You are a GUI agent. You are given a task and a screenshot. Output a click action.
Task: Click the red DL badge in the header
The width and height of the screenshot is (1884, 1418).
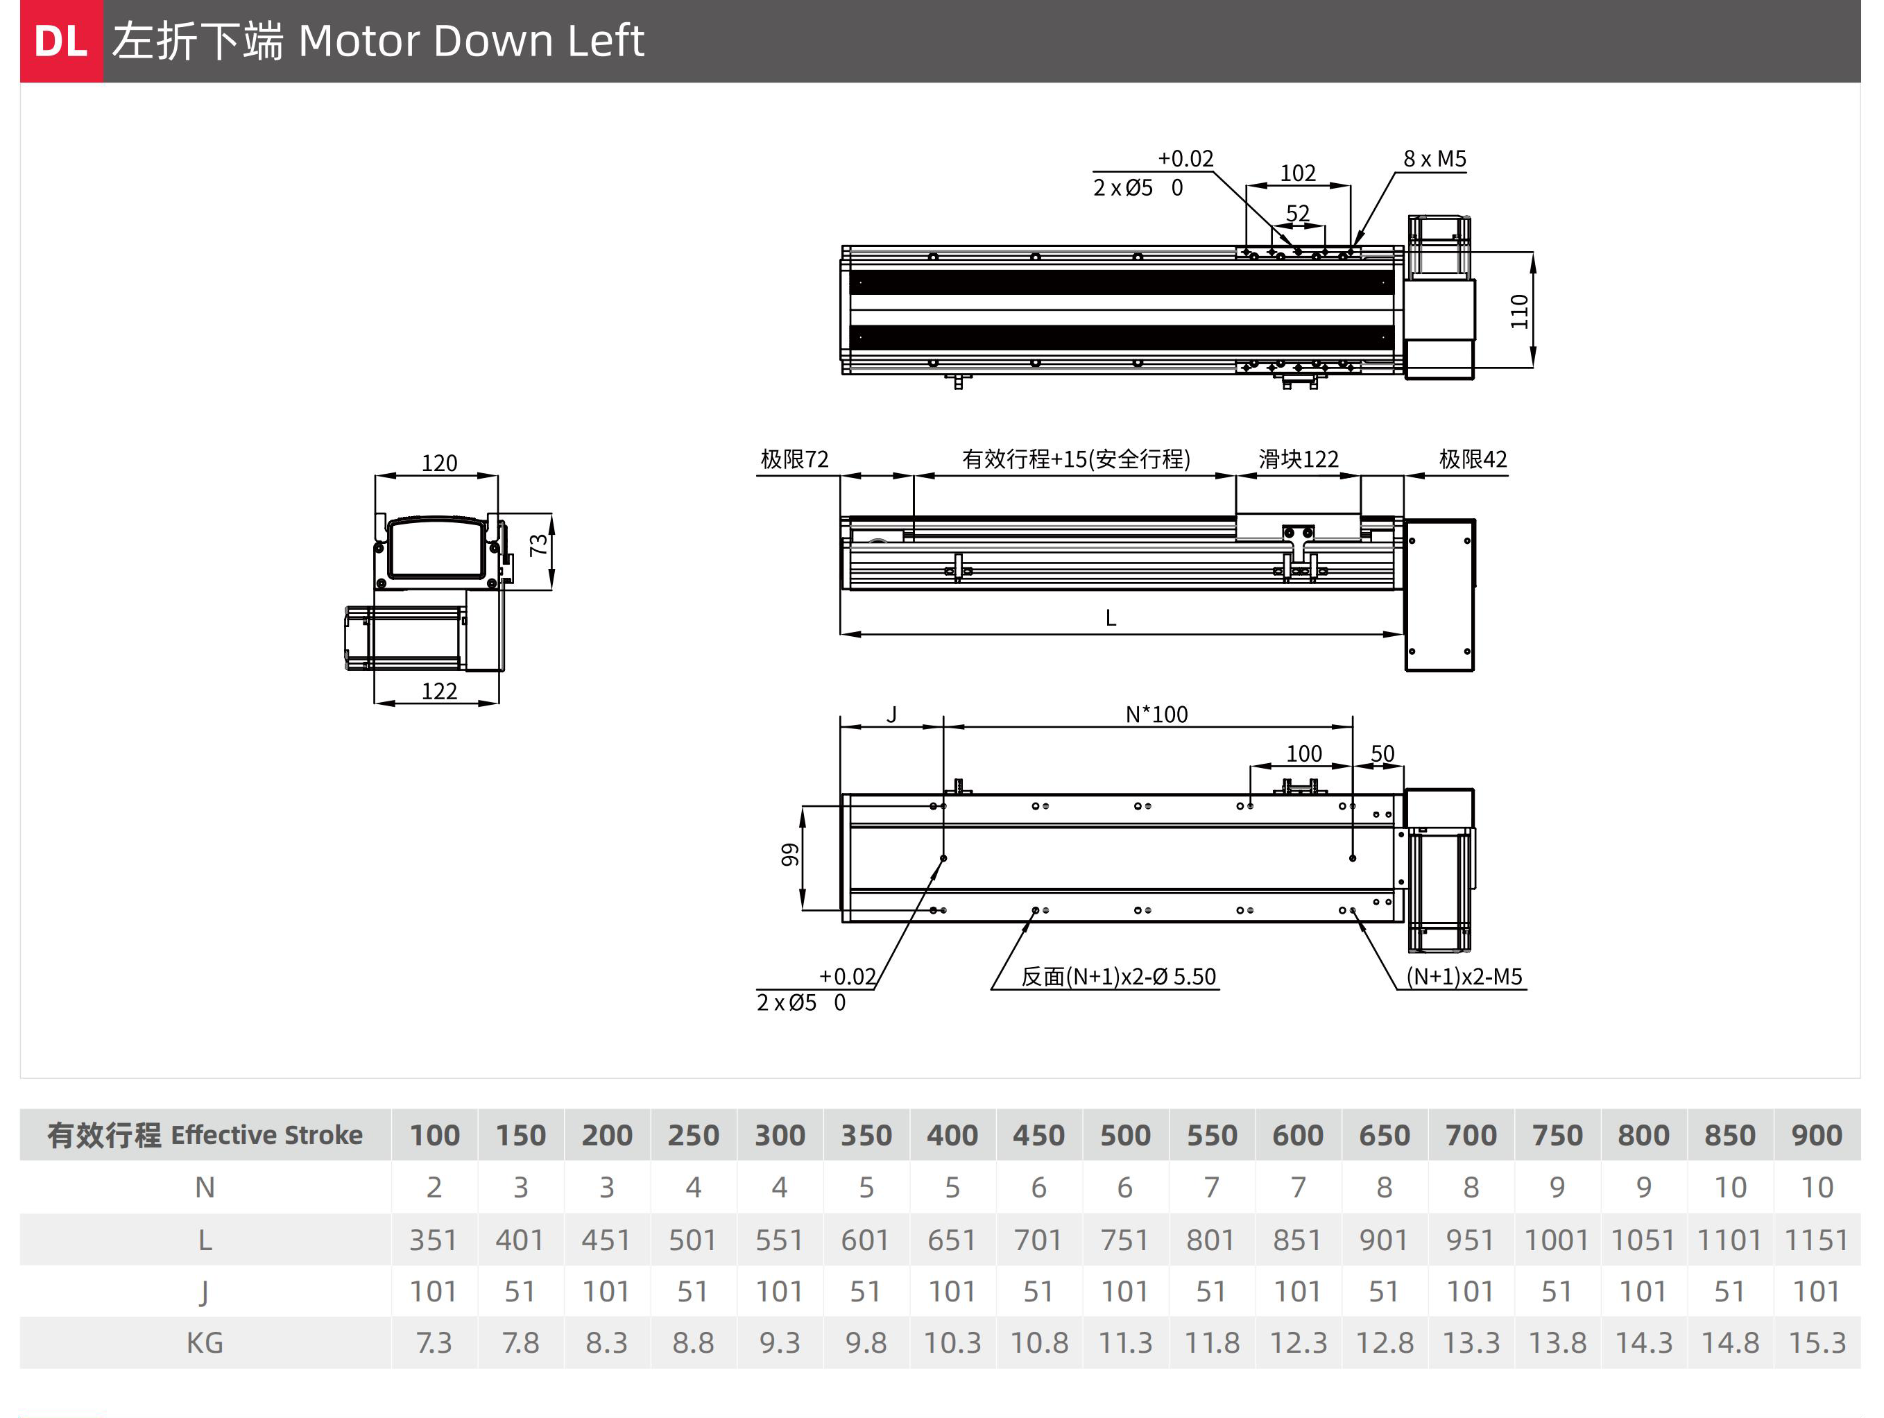point(60,41)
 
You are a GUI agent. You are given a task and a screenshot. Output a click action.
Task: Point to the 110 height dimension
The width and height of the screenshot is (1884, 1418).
point(1518,311)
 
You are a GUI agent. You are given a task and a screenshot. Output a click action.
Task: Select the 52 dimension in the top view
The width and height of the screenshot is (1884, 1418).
point(1297,213)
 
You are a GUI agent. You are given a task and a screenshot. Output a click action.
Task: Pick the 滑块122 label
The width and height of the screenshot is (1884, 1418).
point(1298,459)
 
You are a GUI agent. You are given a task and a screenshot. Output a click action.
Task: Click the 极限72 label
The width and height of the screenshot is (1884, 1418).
point(794,459)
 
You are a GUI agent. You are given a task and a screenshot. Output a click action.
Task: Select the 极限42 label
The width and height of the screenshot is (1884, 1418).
point(1473,459)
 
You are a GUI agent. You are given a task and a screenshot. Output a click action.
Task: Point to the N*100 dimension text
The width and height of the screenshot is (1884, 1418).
point(1156,714)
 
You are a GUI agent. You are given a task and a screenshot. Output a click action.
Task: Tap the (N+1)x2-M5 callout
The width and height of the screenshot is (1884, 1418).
point(1463,976)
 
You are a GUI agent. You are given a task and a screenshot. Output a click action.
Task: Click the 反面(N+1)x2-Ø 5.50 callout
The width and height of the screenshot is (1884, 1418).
point(1117,976)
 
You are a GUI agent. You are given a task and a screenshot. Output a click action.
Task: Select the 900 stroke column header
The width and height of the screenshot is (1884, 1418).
point(1816,1134)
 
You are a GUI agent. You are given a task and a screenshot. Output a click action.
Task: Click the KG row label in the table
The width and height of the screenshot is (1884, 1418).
point(205,1342)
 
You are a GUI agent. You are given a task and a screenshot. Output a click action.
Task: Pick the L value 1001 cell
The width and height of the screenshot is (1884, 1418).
point(1556,1239)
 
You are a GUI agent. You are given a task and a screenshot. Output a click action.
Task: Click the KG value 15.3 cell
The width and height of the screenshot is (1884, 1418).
point(1816,1342)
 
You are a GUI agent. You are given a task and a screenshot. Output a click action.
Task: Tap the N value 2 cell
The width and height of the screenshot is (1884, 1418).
point(434,1187)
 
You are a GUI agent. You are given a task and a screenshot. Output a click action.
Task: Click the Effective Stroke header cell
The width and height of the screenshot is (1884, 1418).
point(205,1134)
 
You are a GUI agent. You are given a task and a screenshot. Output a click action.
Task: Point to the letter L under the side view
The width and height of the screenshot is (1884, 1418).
point(1110,617)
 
